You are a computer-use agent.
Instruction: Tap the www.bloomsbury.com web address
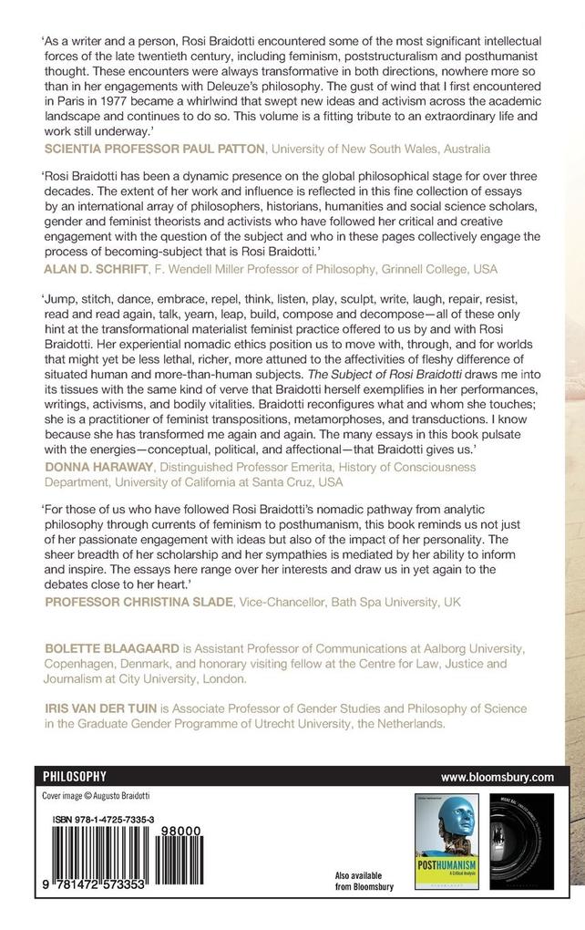(497, 777)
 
